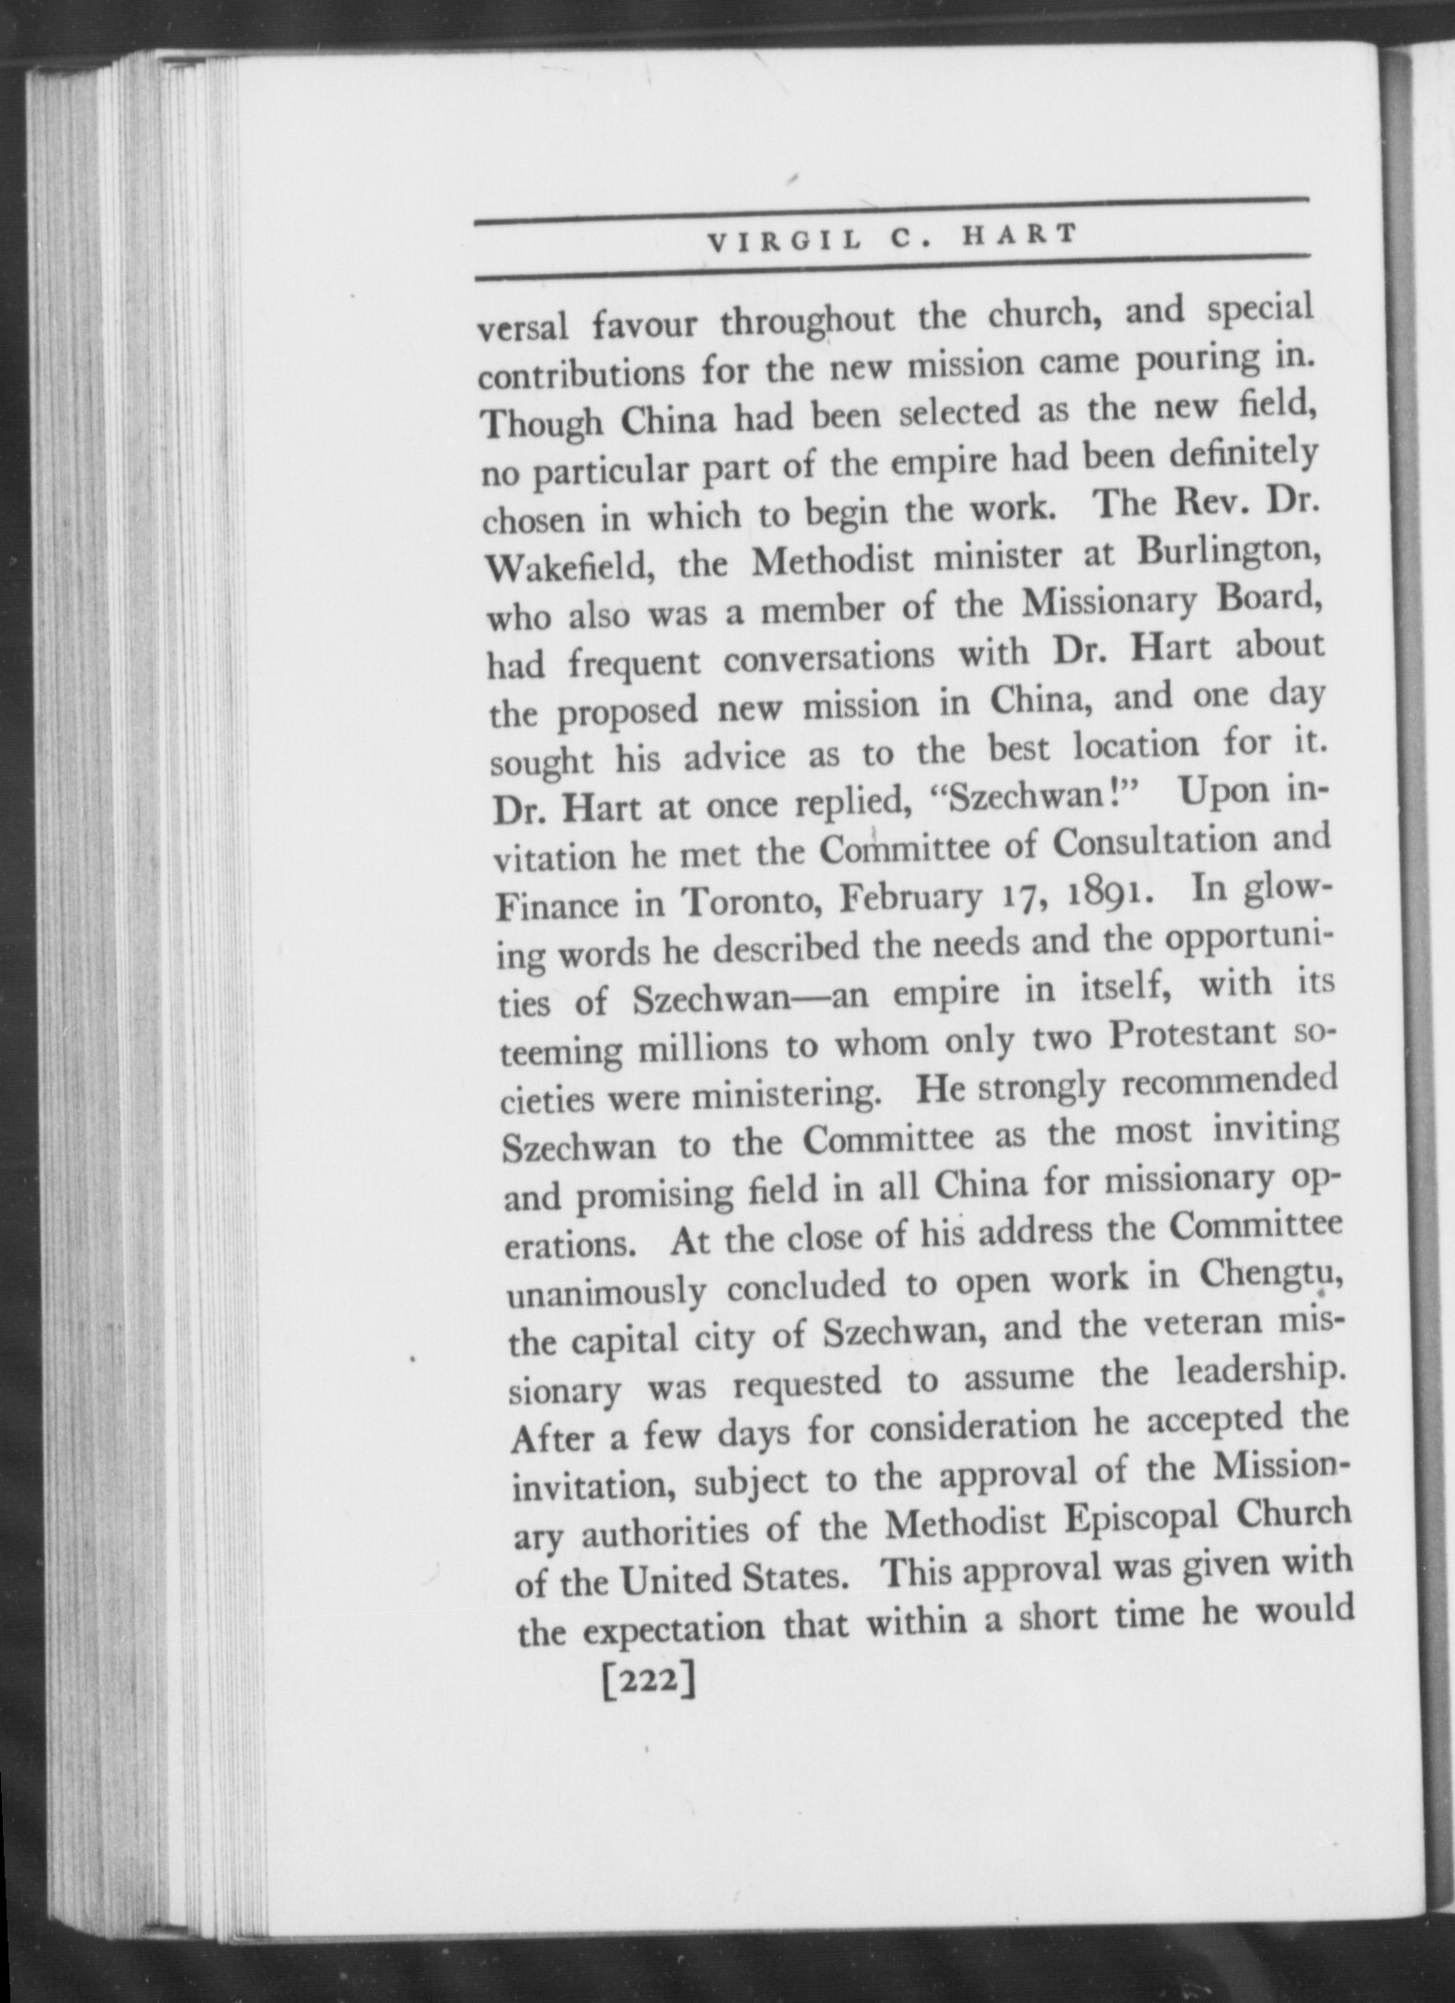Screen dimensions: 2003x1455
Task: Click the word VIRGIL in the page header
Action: click(784, 243)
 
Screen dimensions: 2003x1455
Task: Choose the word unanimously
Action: click(606, 1293)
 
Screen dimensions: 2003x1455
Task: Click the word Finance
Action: click(555, 907)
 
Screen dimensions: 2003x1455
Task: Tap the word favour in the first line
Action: click(646, 324)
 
